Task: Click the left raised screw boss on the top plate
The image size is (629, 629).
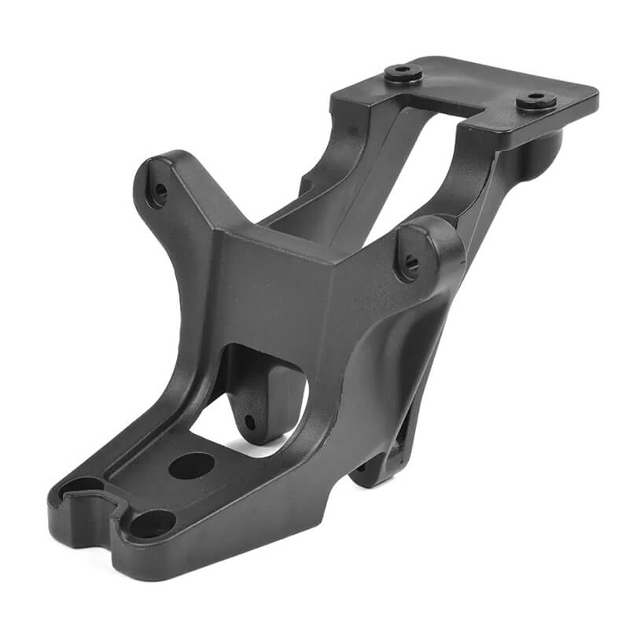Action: (x=403, y=73)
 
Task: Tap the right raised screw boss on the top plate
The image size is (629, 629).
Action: (x=537, y=100)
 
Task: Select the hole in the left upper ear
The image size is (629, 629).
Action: (x=160, y=190)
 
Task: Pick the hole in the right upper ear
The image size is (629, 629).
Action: (x=410, y=264)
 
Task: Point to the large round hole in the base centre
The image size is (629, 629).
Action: (x=191, y=465)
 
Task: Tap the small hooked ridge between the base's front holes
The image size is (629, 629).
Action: (x=110, y=503)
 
